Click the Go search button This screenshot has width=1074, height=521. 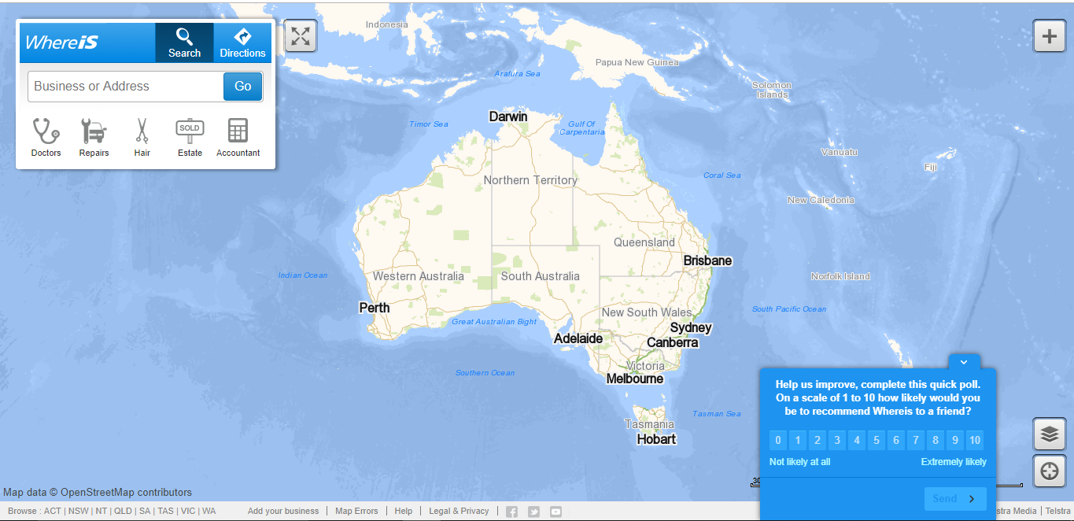click(242, 87)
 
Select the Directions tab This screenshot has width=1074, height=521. click(242, 42)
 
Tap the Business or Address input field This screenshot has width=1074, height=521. click(126, 87)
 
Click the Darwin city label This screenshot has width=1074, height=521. click(508, 116)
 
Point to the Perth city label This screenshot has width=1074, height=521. click(375, 308)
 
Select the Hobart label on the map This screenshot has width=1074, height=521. click(656, 439)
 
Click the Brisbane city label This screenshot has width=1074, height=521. click(707, 260)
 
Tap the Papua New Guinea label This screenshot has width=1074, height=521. click(637, 62)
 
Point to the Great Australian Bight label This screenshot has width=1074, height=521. click(494, 322)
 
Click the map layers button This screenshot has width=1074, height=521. click(1049, 434)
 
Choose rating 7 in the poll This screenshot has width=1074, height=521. click(916, 440)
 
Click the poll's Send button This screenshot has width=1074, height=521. click(954, 498)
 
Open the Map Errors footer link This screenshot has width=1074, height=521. click(356, 511)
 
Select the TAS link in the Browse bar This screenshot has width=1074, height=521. click(165, 511)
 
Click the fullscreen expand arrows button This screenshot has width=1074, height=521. click(300, 35)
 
